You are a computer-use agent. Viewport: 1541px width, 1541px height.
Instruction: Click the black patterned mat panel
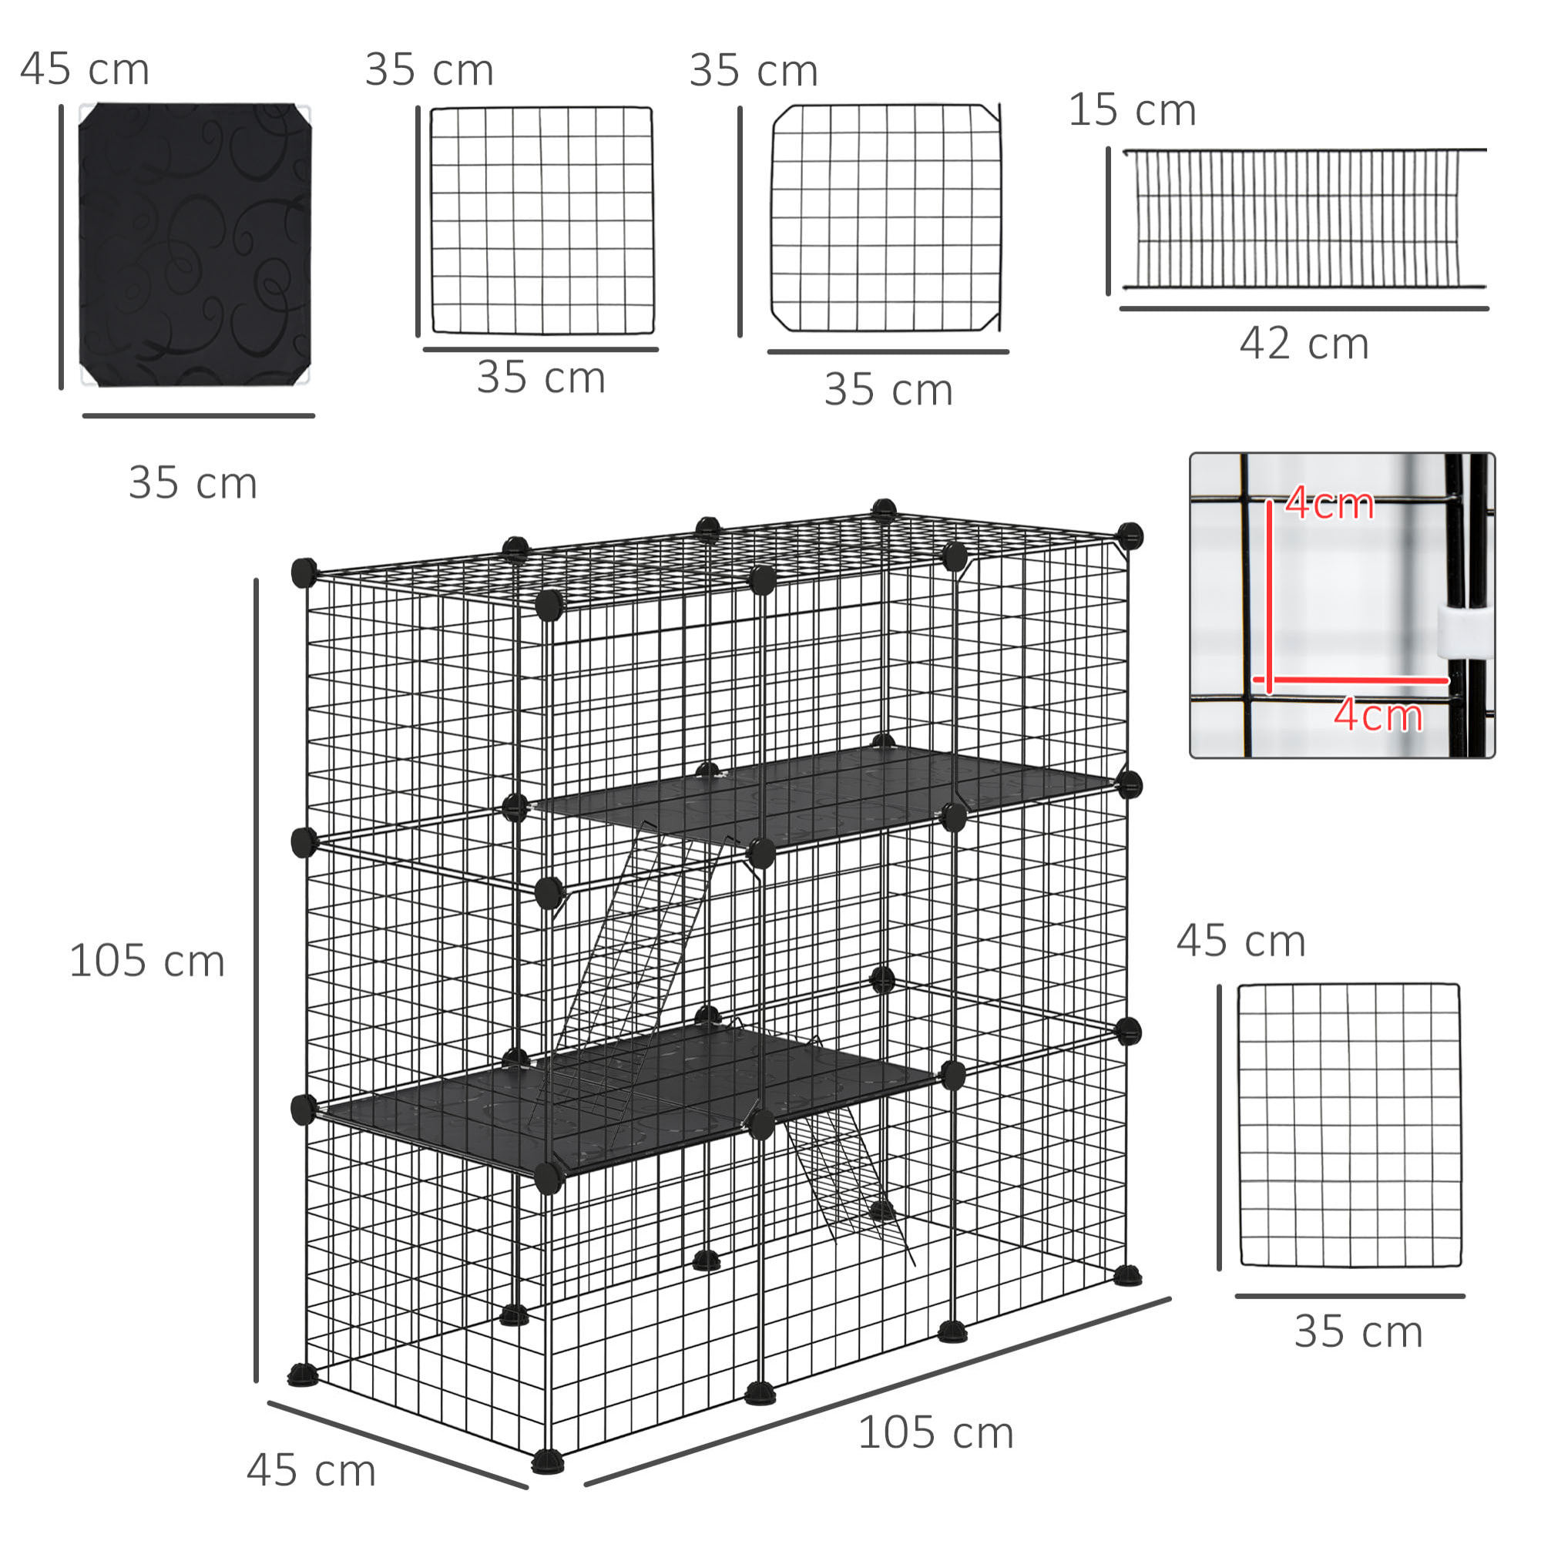tap(195, 244)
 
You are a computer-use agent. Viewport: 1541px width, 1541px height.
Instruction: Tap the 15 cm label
tap(1132, 110)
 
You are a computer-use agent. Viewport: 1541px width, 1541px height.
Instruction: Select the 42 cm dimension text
tap(1304, 344)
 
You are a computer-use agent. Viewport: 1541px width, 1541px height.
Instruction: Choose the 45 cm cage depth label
tap(311, 1471)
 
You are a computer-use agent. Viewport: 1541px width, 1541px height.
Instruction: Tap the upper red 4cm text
tap(1329, 504)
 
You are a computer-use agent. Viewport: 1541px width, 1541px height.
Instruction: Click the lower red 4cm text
tap(1378, 716)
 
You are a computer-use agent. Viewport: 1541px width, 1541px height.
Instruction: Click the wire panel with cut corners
tap(885, 218)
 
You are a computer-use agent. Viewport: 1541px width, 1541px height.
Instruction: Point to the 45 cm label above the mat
tap(85, 69)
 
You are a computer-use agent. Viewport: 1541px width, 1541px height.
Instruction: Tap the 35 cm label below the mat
tap(193, 483)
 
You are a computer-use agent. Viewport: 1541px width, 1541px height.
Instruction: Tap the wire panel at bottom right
tap(1349, 1125)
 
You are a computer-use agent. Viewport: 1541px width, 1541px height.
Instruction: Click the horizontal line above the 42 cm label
tap(1304, 308)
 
